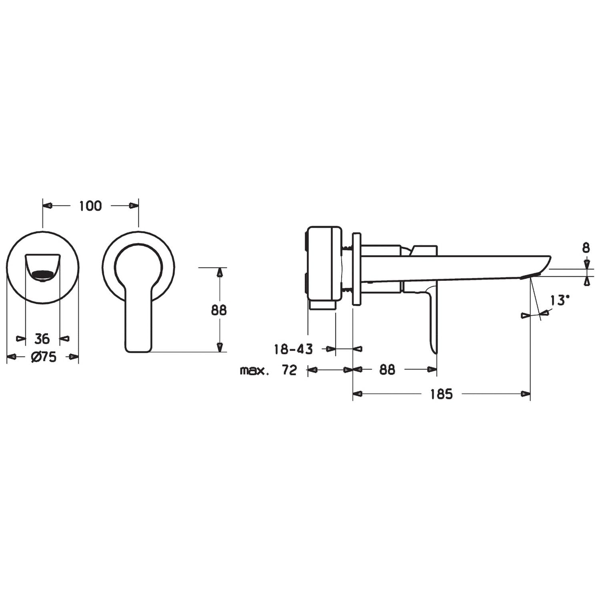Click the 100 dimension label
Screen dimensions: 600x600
[x=90, y=206]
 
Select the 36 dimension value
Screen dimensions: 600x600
[x=42, y=339]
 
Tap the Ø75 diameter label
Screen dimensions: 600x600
[x=44, y=357]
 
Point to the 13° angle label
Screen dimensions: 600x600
[x=559, y=300]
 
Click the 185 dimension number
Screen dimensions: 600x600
[x=441, y=394]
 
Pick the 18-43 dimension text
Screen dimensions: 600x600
[x=293, y=349]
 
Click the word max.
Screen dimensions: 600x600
[x=254, y=371]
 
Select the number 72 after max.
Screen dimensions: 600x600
[x=289, y=370]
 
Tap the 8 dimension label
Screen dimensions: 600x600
[x=586, y=248]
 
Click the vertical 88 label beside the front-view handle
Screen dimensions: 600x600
[x=219, y=310]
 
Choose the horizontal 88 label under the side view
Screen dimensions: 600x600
[x=387, y=370]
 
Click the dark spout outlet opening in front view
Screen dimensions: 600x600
[x=42, y=275]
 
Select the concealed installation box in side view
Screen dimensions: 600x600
[x=324, y=263]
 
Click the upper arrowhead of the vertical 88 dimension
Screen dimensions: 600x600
[x=219, y=272]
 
